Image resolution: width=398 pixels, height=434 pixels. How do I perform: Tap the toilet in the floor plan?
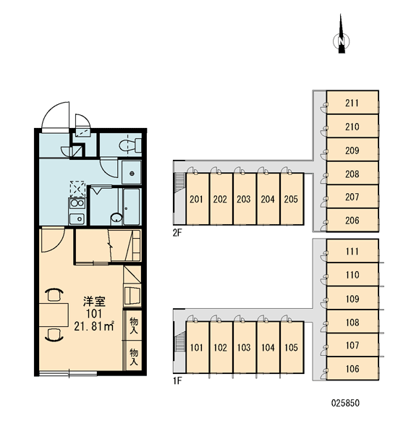coord(130,145)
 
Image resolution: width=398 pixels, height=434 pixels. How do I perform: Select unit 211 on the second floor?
coord(352,103)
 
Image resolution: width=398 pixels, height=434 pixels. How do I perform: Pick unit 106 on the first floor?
coord(352,369)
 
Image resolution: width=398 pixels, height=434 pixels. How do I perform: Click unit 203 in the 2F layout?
coord(244,199)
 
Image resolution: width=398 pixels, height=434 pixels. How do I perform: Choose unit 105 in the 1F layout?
coord(292,347)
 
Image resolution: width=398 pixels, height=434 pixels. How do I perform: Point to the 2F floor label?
coord(177,233)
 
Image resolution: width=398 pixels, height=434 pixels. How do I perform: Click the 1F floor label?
coord(177,381)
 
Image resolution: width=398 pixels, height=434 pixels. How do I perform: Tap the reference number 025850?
coord(345,403)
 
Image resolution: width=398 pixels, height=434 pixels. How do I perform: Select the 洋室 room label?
coord(95,302)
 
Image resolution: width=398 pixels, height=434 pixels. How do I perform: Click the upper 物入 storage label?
coord(134,325)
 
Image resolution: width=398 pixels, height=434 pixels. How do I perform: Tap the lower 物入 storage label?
coord(134,357)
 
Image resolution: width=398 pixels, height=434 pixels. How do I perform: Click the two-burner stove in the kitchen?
coord(77,204)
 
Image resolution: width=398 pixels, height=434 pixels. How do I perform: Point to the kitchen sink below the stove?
coord(77,219)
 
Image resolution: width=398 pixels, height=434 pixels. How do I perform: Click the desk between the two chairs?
coord(54,315)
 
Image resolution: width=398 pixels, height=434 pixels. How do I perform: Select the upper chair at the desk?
coord(54,294)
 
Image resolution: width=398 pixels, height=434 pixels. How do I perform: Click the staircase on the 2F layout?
coord(179,182)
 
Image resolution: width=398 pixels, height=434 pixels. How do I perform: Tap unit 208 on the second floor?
coord(352,174)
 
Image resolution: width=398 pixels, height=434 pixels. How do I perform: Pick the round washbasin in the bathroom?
coord(117,218)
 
